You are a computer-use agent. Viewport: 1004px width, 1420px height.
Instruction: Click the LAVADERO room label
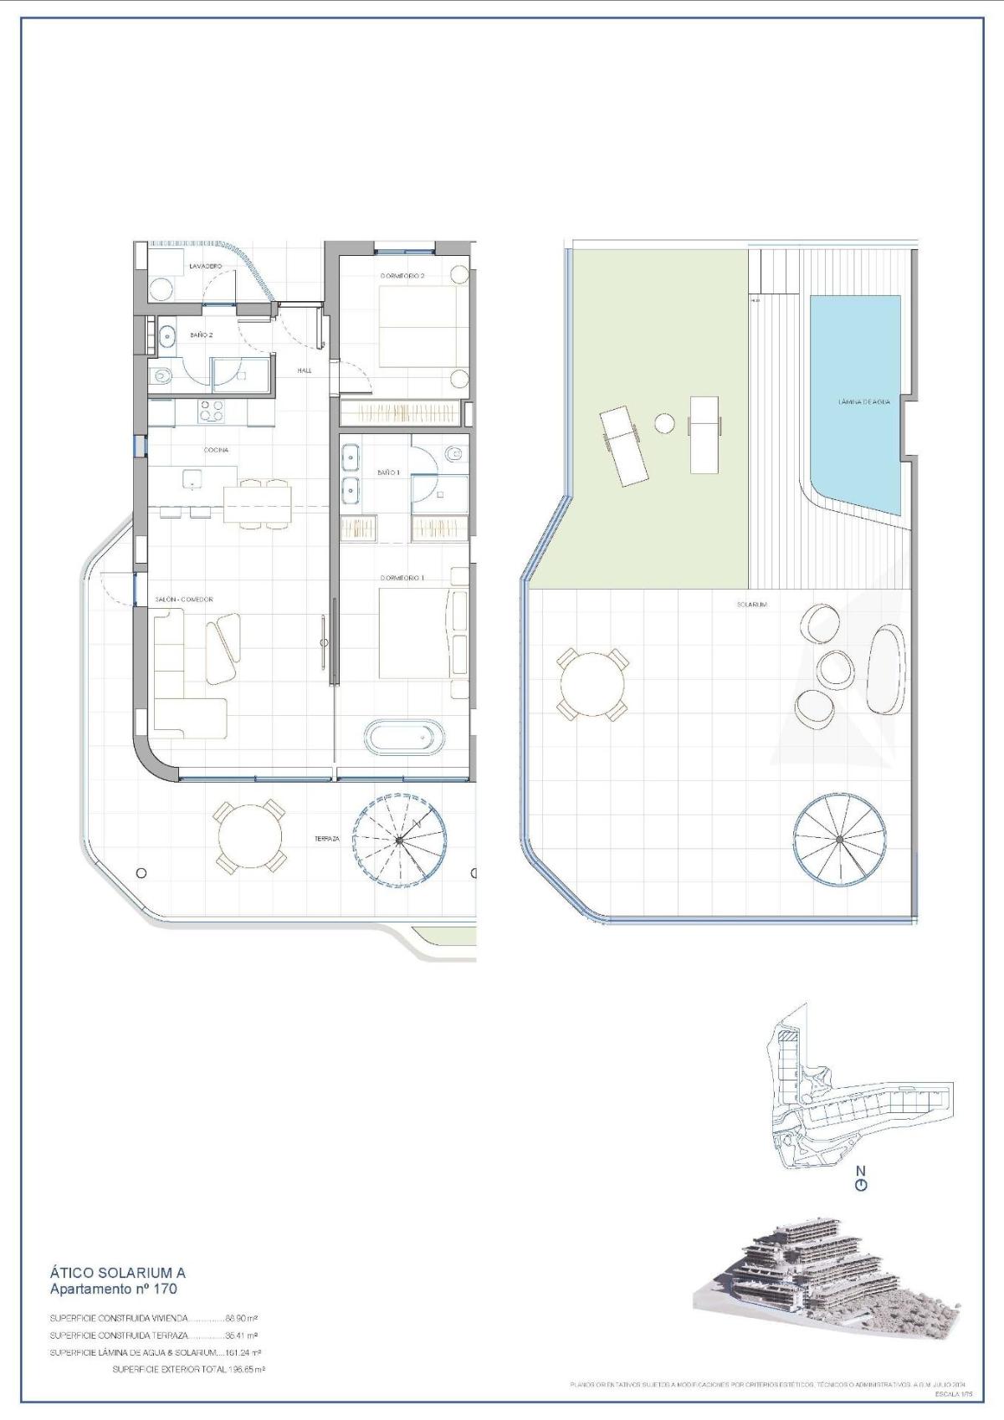(x=205, y=266)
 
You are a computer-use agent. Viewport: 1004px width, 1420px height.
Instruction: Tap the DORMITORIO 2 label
(x=403, y=275)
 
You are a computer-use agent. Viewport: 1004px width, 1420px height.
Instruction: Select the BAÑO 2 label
(x=202, y=335)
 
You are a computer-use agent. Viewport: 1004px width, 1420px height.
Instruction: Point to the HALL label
(x=305, y=370)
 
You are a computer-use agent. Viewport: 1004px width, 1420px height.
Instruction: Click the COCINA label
(x=216, y=450)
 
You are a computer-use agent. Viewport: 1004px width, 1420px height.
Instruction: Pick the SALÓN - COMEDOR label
(x=184, y=600)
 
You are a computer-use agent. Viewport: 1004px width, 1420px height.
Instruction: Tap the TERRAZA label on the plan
(x=327, y=839)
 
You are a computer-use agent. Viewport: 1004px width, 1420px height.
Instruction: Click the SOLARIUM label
(x=752, y=604)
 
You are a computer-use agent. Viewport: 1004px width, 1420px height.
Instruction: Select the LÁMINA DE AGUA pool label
(x=863, y=401)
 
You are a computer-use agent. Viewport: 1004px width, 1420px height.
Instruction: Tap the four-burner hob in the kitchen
(x=211, y=411)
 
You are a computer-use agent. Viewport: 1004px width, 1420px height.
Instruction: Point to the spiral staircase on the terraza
(x=398, y=839)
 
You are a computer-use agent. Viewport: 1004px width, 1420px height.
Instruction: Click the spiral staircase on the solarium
(x=839, y=839)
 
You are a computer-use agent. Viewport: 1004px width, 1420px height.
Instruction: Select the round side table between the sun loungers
(x=663, y=423)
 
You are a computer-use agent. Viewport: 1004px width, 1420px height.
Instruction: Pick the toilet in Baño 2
(x=161, y=376)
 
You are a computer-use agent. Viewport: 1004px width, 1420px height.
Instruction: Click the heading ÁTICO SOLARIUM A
(x=117, y=1296)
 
